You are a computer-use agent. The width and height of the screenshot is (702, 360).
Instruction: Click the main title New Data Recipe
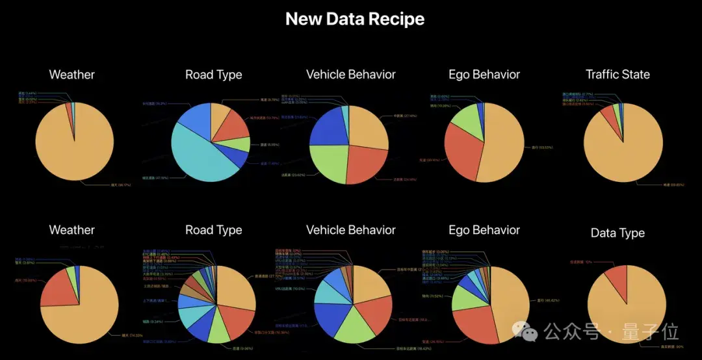(355, 19)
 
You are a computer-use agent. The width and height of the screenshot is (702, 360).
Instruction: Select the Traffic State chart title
(617, 74)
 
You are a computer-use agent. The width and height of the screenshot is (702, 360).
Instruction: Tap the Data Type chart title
(617, 233)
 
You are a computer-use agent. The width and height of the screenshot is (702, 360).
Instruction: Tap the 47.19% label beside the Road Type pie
(159, 177)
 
